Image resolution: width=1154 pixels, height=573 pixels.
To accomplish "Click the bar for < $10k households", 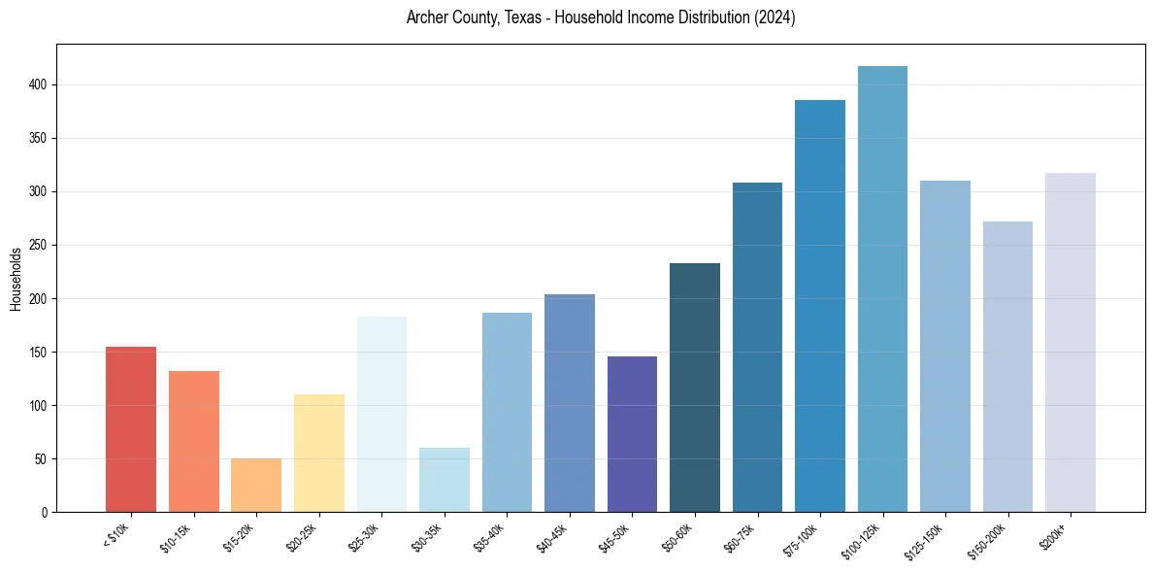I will point(131,429).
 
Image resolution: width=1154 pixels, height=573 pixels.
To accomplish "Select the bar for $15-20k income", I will point(256,485).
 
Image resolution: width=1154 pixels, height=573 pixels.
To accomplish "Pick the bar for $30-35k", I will point(445,480).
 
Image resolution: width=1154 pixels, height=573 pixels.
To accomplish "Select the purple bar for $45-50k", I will point(632,434).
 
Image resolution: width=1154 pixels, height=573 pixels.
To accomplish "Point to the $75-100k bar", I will point(820,306).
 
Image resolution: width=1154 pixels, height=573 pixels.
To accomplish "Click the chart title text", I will point(601,17).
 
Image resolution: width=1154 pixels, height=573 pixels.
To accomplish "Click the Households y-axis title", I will point(16,279).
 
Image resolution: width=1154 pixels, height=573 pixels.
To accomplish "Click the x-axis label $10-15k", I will point(177,537).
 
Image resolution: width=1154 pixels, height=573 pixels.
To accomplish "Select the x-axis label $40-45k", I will point(552,537).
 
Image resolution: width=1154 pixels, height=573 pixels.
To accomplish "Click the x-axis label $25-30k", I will point(364,537).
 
